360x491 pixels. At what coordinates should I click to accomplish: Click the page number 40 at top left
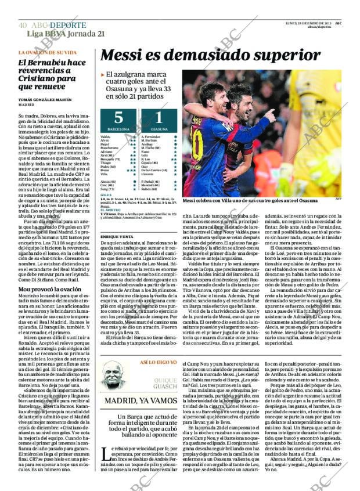point(23,26)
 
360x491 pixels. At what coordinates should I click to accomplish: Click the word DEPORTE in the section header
point(68,26)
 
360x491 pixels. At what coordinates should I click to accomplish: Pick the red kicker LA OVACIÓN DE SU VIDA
point(47,53)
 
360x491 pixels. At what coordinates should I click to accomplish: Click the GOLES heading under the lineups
point(105,196)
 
